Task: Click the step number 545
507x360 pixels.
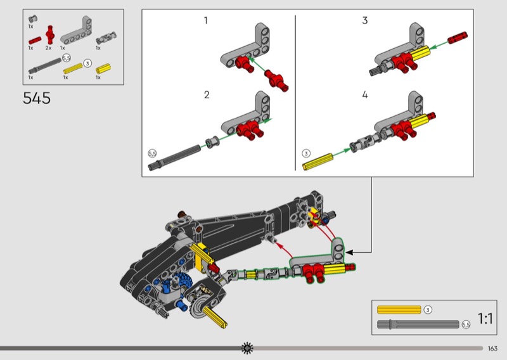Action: pyautogui.click(x=37, y=98)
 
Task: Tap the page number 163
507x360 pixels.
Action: pyautogui.click(x=492, y=349)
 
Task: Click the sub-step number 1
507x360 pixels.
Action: pyautogui.click(x=205, y=20)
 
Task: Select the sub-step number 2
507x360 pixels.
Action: pyautogui.click(x=207, y=95)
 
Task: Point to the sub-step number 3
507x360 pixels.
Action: pyautogui.click(x=365, y=20)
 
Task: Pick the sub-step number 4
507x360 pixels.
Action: pyautogui.click(x=365, y=95)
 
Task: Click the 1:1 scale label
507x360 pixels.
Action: pyautogui.click(x=485, y=319)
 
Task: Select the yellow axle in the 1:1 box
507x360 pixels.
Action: pyautogui.click(x=399, y=310)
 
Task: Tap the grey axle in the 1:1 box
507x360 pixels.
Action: pyautogui.click(x=418, y=325)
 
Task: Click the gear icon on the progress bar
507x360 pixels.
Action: pyautogui.click(x=247, y=348)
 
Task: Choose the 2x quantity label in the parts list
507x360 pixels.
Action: pyautogui.click(x=49, y=48)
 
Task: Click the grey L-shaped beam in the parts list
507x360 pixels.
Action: pyautogui.click(x=76, y=30)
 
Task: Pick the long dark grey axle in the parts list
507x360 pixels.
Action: pyautogui.click(x=45, y=66)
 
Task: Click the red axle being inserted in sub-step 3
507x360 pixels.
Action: pyautogui.click(x=458, y=37)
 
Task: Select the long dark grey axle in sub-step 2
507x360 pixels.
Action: pyautogui.click(x=175, y=158)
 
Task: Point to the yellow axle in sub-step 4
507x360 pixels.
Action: pyautogui.click(x=318, y=162)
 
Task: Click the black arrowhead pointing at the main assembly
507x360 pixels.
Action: pyautogui.click(x=349, y=252)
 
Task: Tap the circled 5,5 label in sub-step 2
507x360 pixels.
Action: pyautogui.click(x=152, y=153)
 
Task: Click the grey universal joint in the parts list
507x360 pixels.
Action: pyautogui.click(x=106, y=39)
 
